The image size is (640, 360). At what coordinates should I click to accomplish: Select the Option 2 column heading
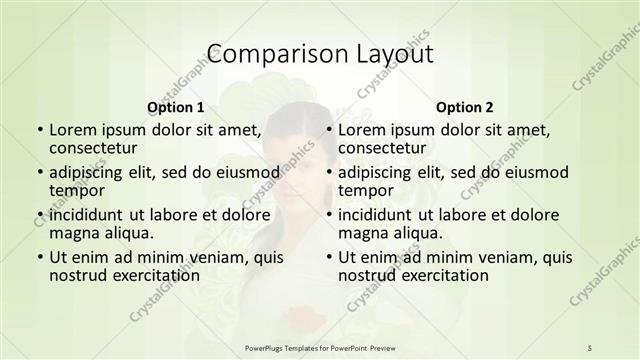464,107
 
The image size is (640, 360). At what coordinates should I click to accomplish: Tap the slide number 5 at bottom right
590,346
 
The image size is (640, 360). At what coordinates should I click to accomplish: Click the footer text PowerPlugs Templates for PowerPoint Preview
319,346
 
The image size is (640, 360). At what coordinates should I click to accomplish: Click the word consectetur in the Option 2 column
387,149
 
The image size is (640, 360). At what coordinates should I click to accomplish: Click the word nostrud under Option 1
76,275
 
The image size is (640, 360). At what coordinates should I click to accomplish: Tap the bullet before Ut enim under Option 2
328,257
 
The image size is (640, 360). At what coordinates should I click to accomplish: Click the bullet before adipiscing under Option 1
38,173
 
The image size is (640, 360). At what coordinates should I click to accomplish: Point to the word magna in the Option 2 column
362,233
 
